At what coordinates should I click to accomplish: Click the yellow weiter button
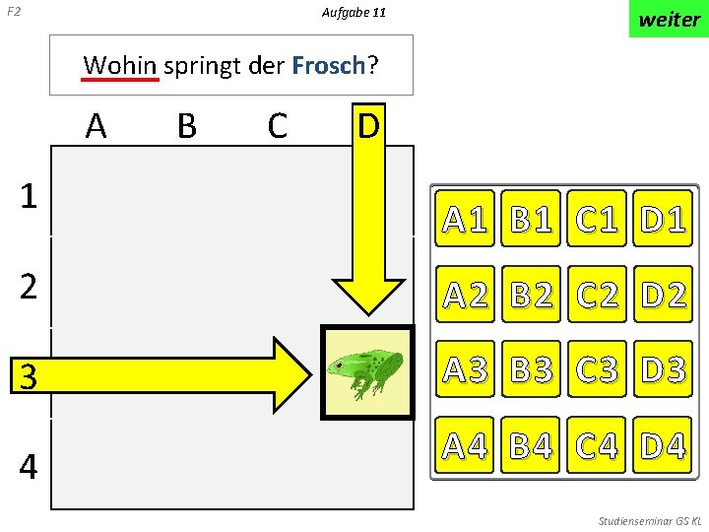tap(669, 20)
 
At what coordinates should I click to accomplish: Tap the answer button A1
tap(467, 218)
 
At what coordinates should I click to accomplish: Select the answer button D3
tap(663, 369)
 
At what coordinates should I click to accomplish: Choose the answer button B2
tap(533, 294)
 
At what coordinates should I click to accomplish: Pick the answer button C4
tap(598, 445)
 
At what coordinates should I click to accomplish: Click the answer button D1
tap(663, 218)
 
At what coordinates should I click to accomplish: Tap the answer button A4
tap(467, 445)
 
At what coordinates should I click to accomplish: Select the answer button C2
tap(598, 294)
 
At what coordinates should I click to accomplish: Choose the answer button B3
tap(533, 369)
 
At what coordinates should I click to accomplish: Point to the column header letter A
tap(96, 126)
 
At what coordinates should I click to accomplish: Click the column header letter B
tap(186, 126)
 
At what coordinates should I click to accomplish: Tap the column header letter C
tap(277, 126)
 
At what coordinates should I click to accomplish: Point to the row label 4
tap(29, 466)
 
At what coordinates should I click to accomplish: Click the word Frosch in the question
tap(329, 66)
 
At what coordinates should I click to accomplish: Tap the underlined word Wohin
tap(120, 66)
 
